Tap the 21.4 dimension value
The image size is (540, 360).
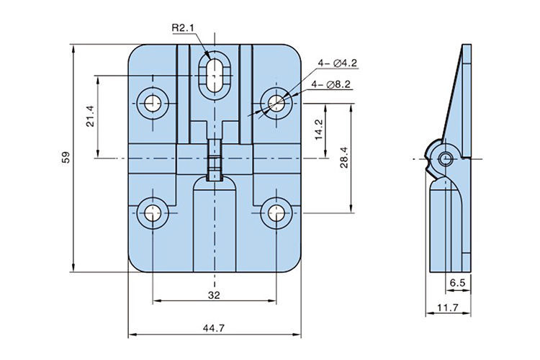click(x=89, y=116)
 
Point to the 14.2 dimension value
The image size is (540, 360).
click(x=318, y=130)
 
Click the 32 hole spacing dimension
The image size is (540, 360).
click(x=214, y=294)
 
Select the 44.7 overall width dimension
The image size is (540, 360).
click(x=214, y=328)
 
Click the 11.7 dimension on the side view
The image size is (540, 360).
click(x=447, y=307)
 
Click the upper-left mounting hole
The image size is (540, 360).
click(x=152, y=102)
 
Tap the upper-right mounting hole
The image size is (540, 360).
click(x=276, y=102)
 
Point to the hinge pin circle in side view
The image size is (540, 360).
click(x=446, y=158)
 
